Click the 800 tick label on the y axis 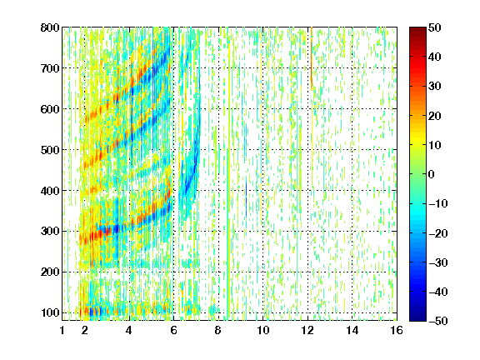coord(50,27)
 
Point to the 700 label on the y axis coord(50,68)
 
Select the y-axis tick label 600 coord(50,109)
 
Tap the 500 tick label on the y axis coord(50,150)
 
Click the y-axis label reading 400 coord(50,191)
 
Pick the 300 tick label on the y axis coord(50,232)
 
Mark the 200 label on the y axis coord(50,272)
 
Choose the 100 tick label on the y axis coord(50,312)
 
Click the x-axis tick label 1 coord(62,330)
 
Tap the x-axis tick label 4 coord(129,330)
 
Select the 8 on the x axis coord(217,330)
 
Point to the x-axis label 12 coord(307,330)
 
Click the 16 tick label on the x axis coord(397,330)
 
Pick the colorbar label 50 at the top coord(434,27)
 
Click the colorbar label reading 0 coord(432,174)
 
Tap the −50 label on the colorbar coord(438,321)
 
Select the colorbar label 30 coord(434,87)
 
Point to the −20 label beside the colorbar coord(438,233)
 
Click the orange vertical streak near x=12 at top coord(312,59)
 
